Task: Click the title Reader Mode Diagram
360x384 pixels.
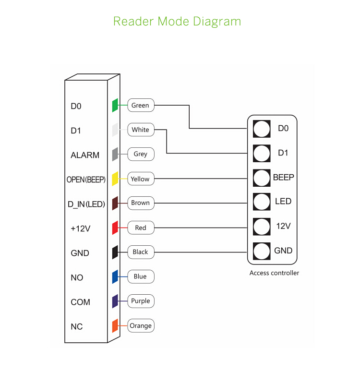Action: pyautogui.click(x=177, y=22)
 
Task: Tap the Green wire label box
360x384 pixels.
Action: pyautogui.click(x=140, y=105)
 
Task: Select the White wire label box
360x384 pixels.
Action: pyautogui.click(x=140, y=130)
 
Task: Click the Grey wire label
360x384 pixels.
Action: pyautogui.click(x=140, y=154)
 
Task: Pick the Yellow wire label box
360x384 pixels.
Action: pyautogui.click(x=140, y=179)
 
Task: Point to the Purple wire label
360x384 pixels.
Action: pyautogui.click(x=140, y=301)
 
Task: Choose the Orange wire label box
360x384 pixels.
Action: pyautogui.click(x=141, y=325)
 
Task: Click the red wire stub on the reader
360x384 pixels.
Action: pyautogui.click(x=115, y=228)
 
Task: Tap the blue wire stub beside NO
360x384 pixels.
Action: pyautogui.click(x=115, y=277)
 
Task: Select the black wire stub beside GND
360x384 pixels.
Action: pyautogui.click(x=115, y=252)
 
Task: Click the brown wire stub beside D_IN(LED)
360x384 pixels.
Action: pyautogui.click(x=115, y=203)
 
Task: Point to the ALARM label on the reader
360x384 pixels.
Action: pyautogui.click(x=85, y=155)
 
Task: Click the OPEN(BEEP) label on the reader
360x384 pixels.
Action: pyautogui.click(x=86, y=180)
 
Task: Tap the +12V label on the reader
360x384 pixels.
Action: pyautogui.click(x=80, y=228)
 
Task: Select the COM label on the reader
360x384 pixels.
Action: pyautogui.click(x=80, y=302)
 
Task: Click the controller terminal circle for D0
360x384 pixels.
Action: pyautogui.click(x=262, y=129)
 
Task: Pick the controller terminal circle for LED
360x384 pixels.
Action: pyautogui.click(x=262, y=201)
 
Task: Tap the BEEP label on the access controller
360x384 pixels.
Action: pyautogui.click(x=283, y=177)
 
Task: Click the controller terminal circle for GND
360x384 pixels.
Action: pyautogui.click(x=262, y=251)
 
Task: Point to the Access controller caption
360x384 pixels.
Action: pyautogui.click(x=274, y=273)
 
